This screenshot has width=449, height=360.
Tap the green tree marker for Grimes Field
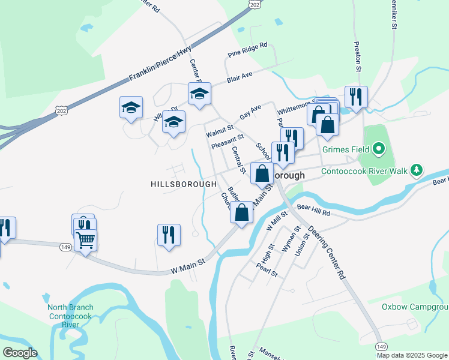point(378,148)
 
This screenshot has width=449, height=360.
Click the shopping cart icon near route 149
point(86,240)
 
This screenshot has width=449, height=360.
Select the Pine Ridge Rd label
point(247,50)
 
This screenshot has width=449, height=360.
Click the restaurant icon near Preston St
point(356,97)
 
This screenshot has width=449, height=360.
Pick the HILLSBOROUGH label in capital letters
point(184,184)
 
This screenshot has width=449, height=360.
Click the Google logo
point(20,353)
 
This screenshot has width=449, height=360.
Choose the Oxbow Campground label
point(415,307)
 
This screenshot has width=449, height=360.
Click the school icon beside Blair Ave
point(199,93)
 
